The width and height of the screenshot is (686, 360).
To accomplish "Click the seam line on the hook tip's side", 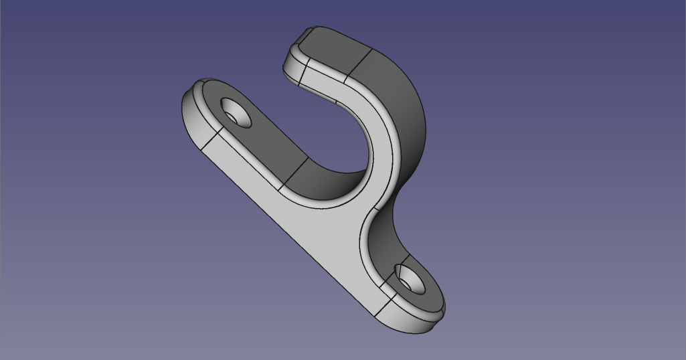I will click(303, 73).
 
